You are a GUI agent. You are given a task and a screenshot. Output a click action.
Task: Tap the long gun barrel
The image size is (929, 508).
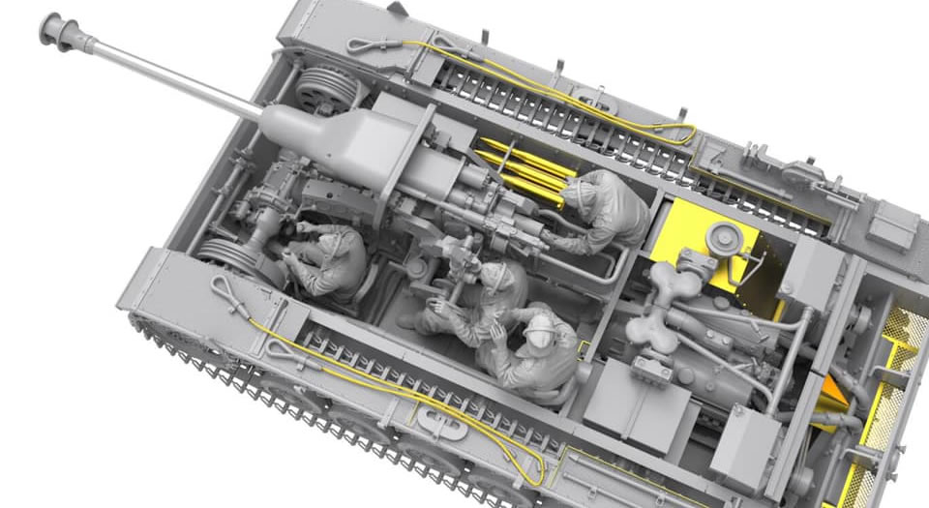coord(165,75)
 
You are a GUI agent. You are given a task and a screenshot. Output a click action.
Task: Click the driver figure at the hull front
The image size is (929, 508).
coord(329,261)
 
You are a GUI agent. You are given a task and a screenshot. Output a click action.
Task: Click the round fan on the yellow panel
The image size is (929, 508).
coord(721,237)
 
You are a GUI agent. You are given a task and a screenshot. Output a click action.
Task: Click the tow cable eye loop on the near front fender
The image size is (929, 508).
coord(225,286)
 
